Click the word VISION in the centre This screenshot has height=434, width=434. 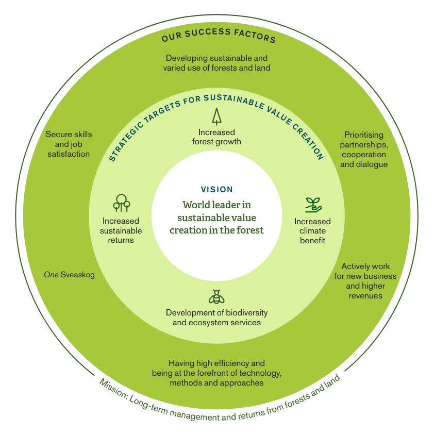coord(216,190)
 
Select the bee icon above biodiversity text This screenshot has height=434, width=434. coord(216,296)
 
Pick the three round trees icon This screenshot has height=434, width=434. coord(121,203)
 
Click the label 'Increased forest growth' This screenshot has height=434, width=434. coord(216,137)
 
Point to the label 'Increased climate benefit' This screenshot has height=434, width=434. coord(312,231)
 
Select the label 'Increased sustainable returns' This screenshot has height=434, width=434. coord(122,230)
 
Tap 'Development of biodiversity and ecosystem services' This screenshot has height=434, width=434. coord(216,318)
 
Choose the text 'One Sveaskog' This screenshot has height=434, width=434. coord(70,275)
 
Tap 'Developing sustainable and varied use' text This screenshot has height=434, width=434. coord(216,63)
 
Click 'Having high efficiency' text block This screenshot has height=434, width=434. coord(216,373)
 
